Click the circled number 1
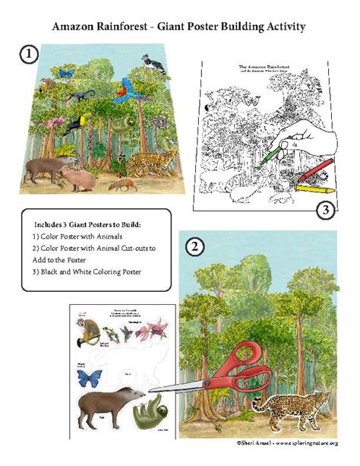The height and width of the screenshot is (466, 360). [28, 55]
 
